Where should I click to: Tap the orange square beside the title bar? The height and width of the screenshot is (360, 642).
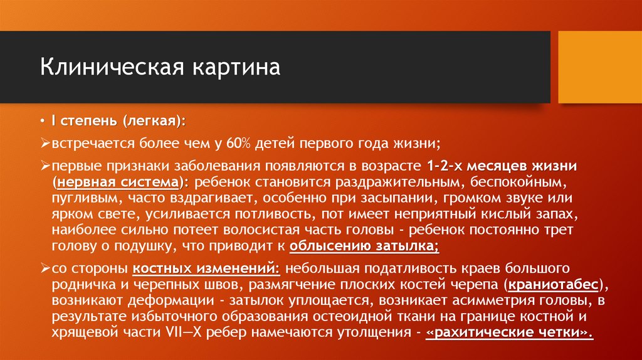[x=600, y=67]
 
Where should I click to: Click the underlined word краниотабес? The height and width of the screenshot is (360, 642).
[x=554, y=285]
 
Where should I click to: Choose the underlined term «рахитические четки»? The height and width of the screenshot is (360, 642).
[x=510, y=332]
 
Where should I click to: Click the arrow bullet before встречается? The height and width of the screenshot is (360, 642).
[x=46, y=143]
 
